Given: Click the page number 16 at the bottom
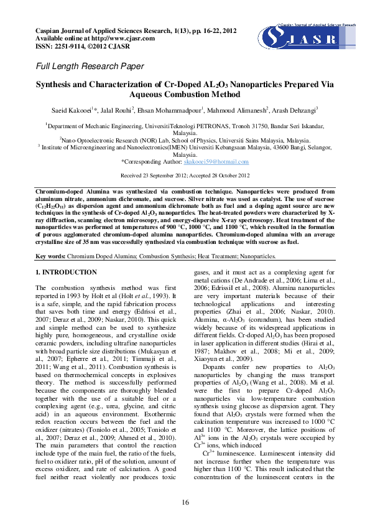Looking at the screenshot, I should coord(185,502).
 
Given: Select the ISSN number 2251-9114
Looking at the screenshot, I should coord(70,45).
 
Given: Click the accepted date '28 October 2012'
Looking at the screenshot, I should coord(229,175).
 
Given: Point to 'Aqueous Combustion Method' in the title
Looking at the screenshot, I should coord(184,95).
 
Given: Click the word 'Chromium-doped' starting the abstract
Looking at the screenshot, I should coord(57,187).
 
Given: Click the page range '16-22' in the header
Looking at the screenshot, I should coord(205,30).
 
